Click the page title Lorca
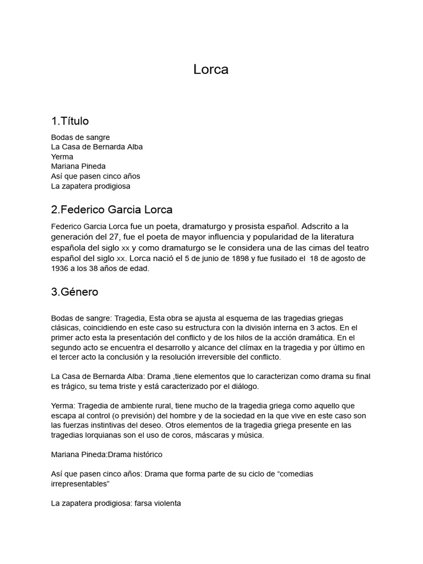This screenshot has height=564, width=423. [x=211, y=70]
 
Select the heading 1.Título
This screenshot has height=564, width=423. [x=70, y=121]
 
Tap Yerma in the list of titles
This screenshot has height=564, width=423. [x=62, y=156]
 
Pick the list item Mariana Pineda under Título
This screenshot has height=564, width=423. [x=78, y=166]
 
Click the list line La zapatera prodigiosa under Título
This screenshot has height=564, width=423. [x=91, y=186]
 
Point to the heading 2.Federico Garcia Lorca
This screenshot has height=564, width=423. [x=112, y=210]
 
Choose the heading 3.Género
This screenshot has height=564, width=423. [x=74, y=292]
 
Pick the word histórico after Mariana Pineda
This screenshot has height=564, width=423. [x=146, y=454]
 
